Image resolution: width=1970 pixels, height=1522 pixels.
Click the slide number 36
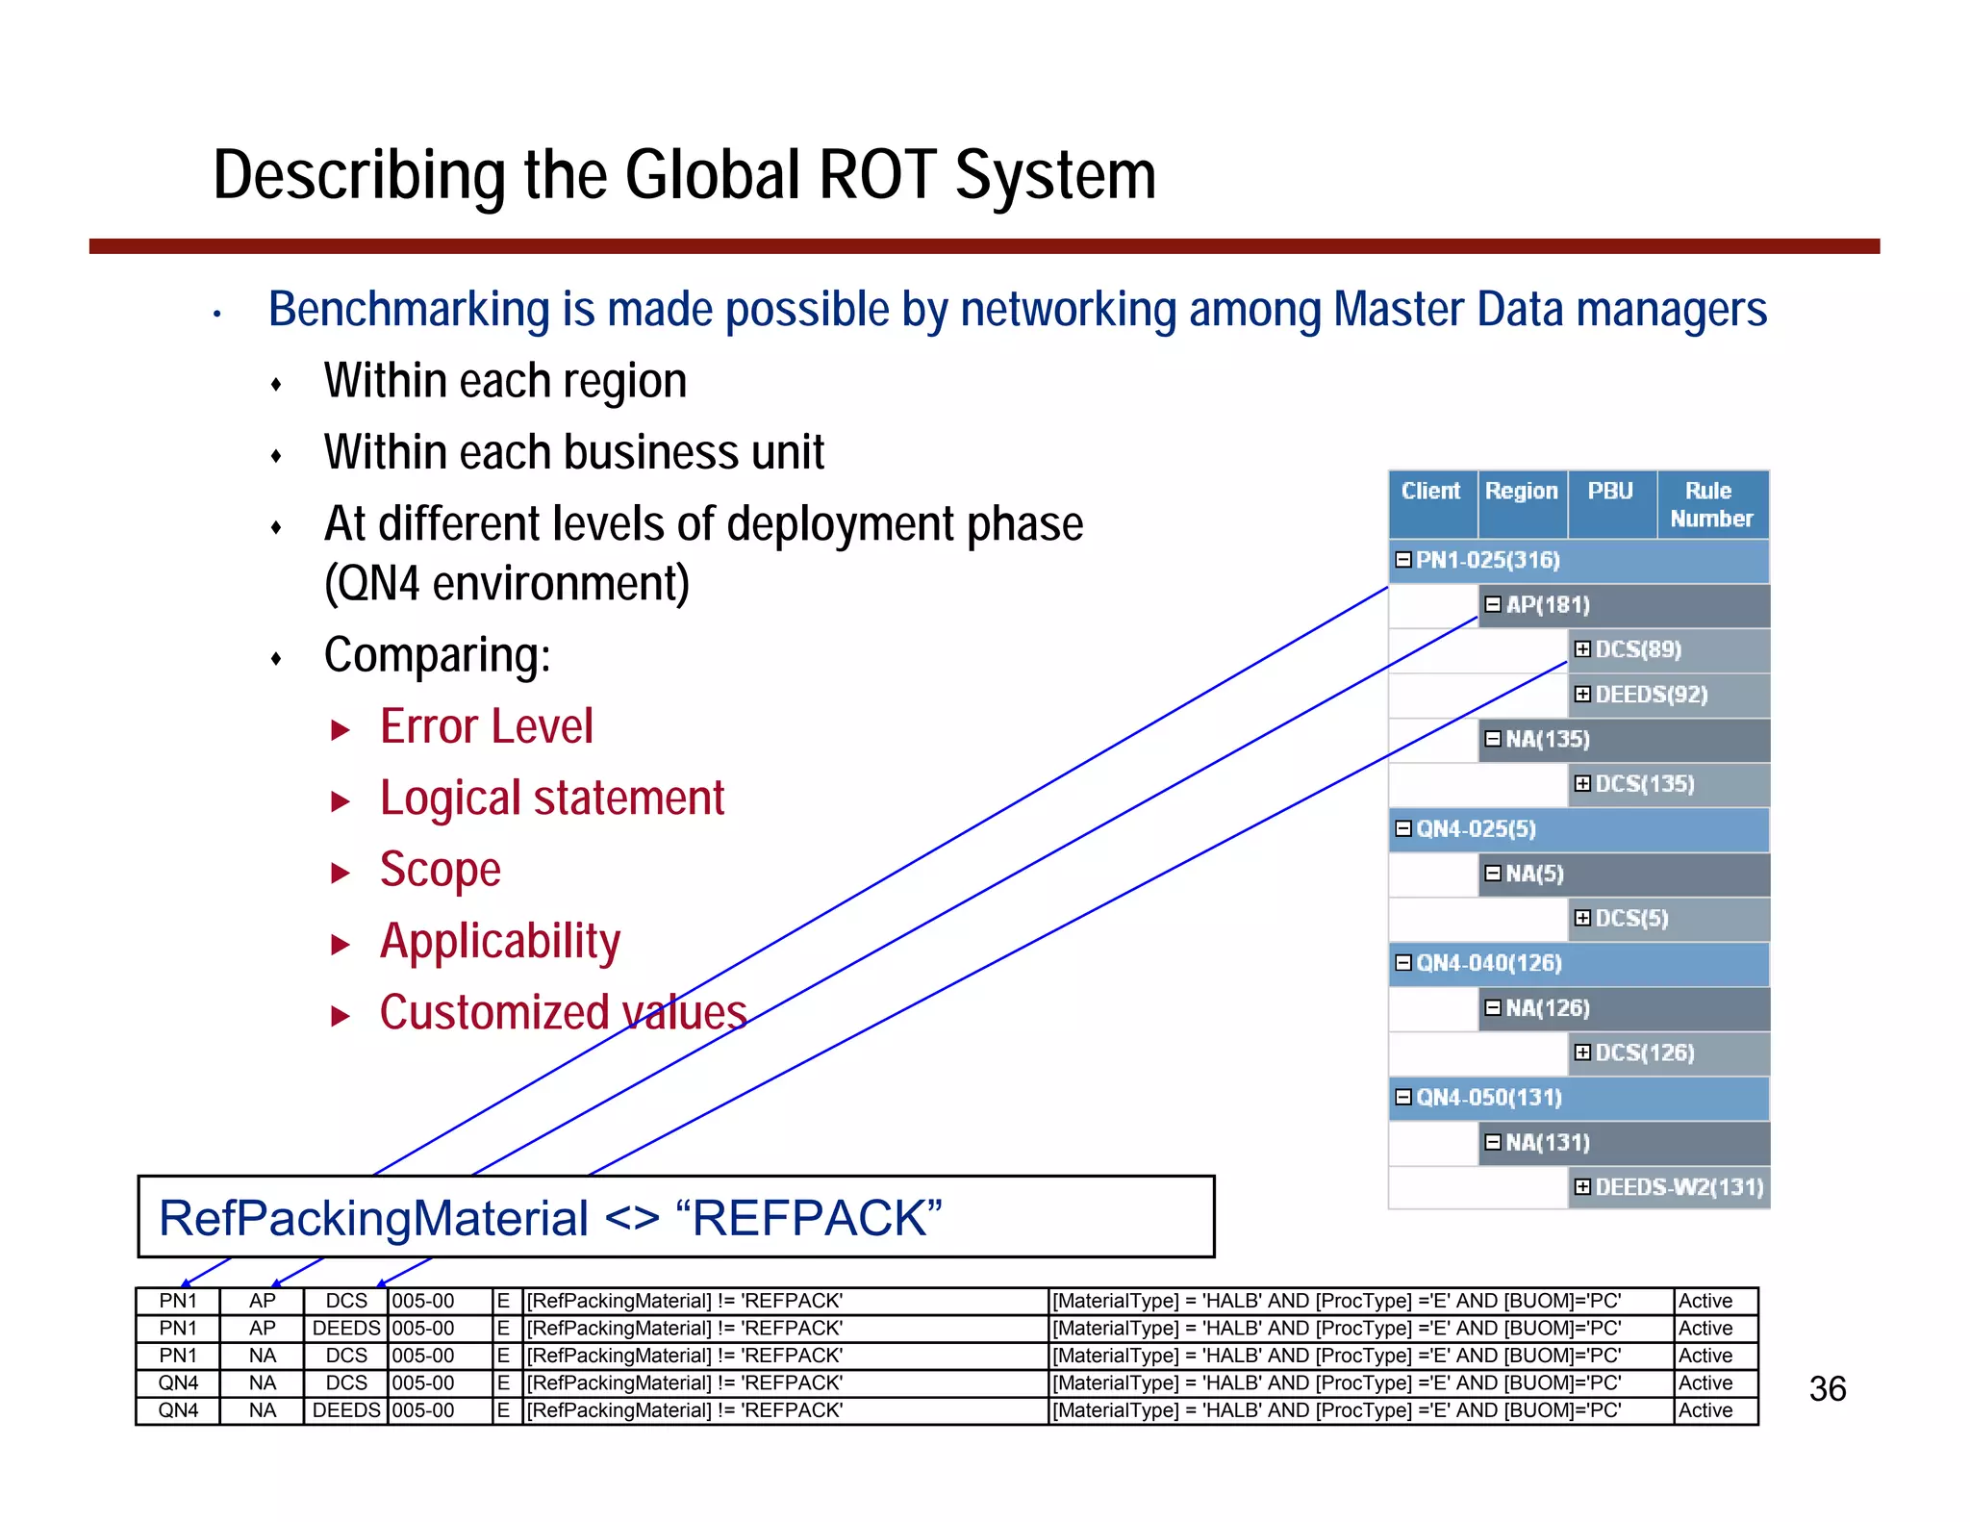point(1827,1388)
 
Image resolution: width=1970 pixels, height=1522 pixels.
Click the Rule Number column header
point(1711,504)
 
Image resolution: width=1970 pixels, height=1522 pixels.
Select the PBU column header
point(1610,491)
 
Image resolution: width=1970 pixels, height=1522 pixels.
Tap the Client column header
point(1430,491)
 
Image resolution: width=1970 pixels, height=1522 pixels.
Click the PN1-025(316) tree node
point(1487,560)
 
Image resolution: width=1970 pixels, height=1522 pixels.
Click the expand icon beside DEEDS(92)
point(1582,694)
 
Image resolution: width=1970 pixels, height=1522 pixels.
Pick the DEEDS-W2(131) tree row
point(1679,1187)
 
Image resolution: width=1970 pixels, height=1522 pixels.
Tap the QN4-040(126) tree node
point(1488,963)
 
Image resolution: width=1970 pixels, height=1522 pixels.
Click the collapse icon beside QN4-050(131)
point(1403,1097)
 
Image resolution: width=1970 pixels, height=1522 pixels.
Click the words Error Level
point(487,727)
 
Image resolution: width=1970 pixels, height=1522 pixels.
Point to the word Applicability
point(500,941)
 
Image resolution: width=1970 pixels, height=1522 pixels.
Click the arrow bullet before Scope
point(340,873)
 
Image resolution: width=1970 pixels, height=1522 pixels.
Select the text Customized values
point(563,1013)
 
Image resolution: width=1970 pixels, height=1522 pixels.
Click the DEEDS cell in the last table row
point(346,1410)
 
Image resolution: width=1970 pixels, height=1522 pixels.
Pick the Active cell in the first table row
point(1705,1301)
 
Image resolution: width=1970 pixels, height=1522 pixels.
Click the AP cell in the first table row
point(262,1301)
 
